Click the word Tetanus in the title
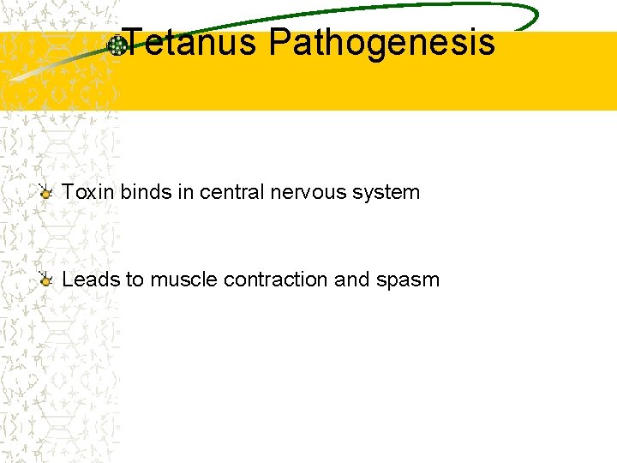point(190,41)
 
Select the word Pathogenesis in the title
point(381,43)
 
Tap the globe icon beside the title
point(117,46)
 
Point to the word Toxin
point(88,192)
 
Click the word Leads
point(90,280)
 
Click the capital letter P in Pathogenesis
point(279,41)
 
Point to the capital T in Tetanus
point(135,41)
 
